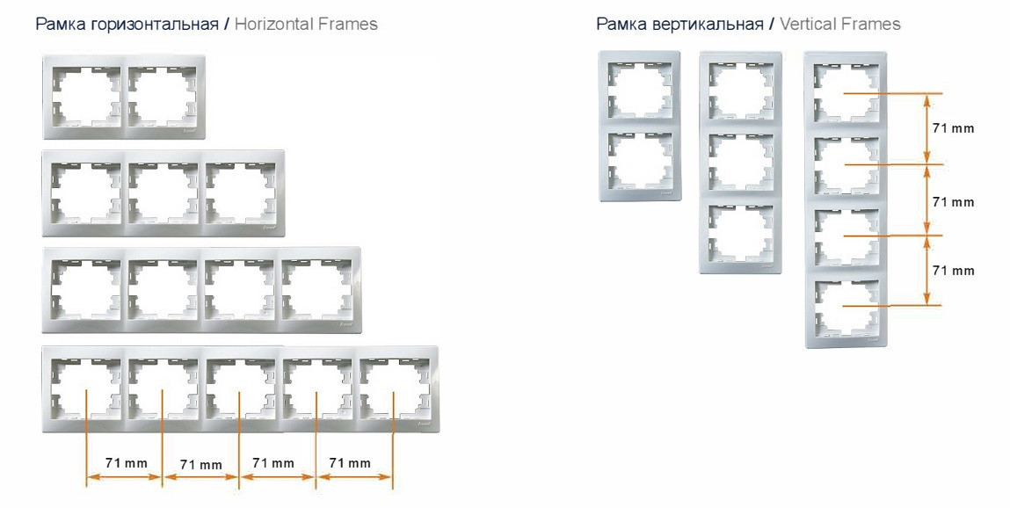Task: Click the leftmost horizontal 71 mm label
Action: click(x=127, y=463)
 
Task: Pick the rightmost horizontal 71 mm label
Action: click(x=350, y=463)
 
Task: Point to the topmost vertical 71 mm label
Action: click(x=954, y=128)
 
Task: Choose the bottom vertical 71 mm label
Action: click(x=954, y=271)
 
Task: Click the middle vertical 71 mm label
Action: click(x=954, y=202)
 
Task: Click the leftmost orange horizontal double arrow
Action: click(x=124, y=477)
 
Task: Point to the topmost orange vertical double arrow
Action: click(x=926, y=128)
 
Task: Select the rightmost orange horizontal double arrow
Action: click(x=354, y=477)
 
